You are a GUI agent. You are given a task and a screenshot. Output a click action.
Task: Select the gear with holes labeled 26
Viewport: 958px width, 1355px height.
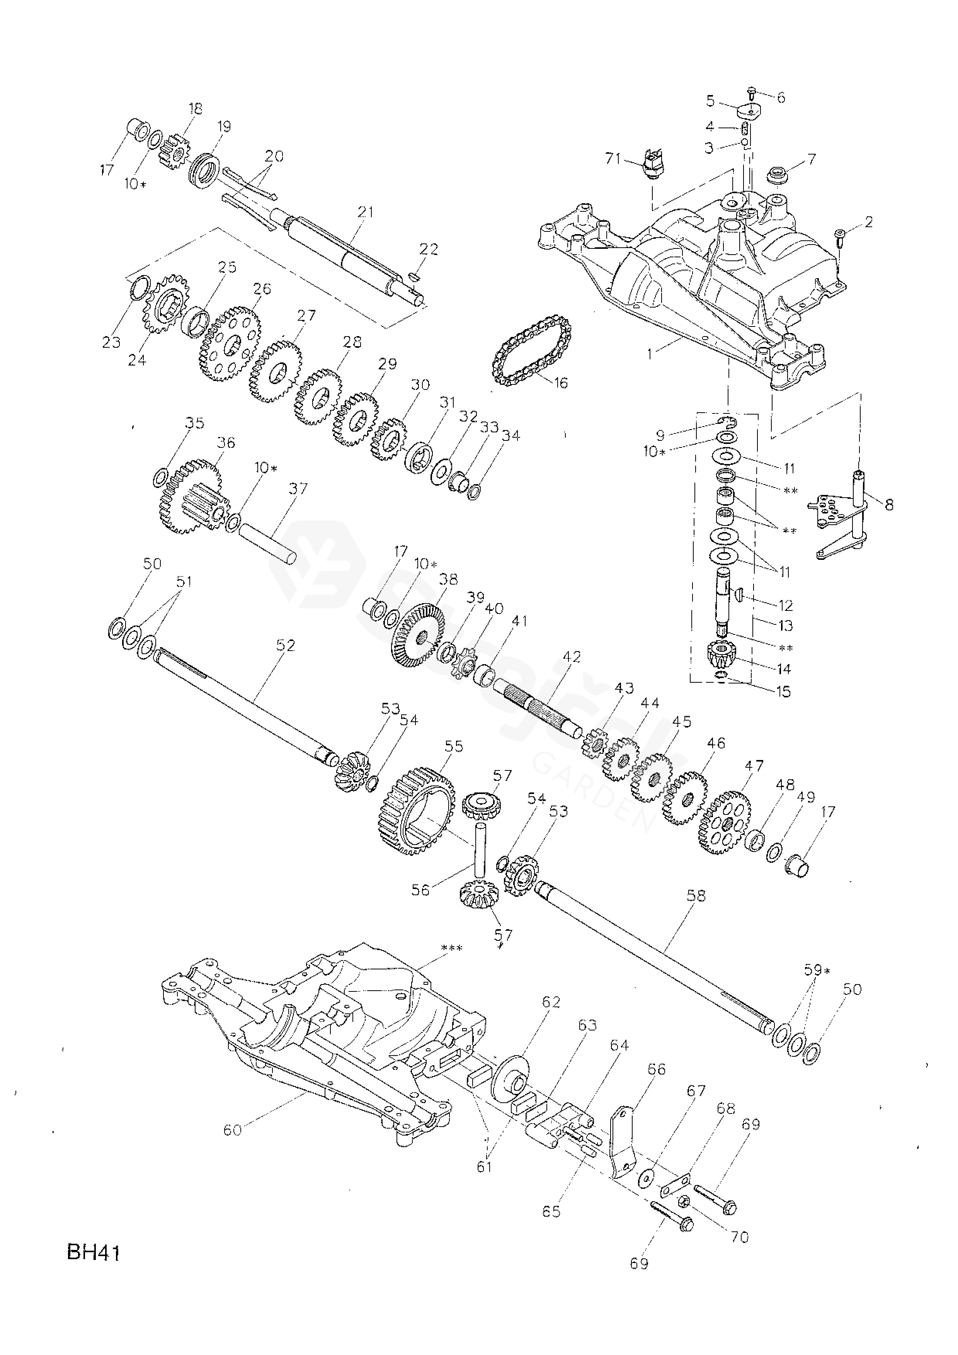(231, 342)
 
